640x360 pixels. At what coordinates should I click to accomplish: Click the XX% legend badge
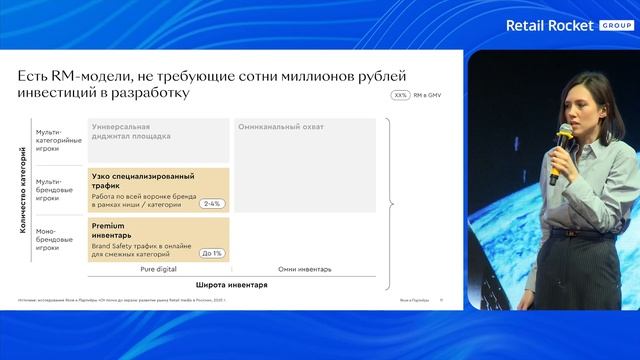(x=401, y=96)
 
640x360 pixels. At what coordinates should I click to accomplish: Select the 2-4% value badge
(x=211, y=204)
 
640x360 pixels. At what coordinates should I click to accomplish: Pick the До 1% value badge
(x=211, y=253)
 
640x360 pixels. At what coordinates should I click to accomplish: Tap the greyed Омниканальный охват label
(x=281, y=127)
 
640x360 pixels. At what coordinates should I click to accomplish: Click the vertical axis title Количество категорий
(x=22, y=191)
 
